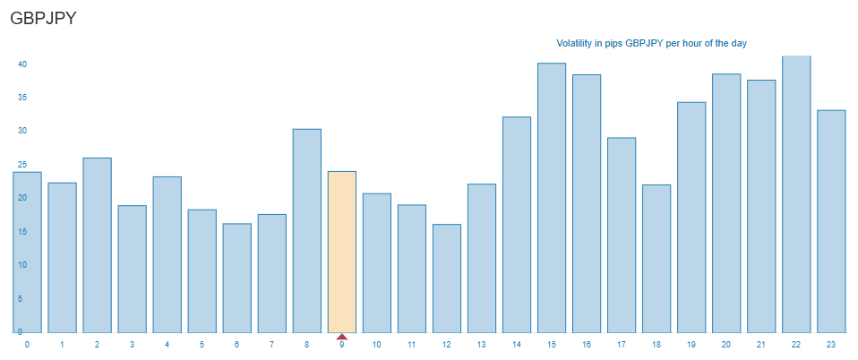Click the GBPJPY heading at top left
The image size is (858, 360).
click(44, 18)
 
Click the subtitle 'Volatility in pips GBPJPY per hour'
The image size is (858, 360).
click(651, 43)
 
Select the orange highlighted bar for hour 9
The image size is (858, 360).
click(341, 252)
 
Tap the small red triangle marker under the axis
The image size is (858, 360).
click(341, 336)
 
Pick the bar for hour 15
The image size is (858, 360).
click(552, 198)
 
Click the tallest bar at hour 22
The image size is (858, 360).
click(796, 194)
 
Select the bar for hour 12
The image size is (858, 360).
click(446, 279)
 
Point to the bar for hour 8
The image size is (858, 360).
click(306, 231)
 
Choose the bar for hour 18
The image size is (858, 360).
click(656, 259)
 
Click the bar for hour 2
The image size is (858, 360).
click(97, 245)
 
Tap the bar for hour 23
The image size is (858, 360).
click(831, 221)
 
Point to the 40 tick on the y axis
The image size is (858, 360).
click(21, 64)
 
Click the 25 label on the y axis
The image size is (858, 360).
click(21, 165)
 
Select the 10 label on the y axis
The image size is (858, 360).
click(21, 265)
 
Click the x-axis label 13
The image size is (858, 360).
click(481, 345)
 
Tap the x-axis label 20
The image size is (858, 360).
click(726, 345)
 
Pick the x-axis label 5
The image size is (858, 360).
click(202, 345)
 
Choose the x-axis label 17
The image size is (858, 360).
click(622, 345)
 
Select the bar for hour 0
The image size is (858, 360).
click(28, 252)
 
